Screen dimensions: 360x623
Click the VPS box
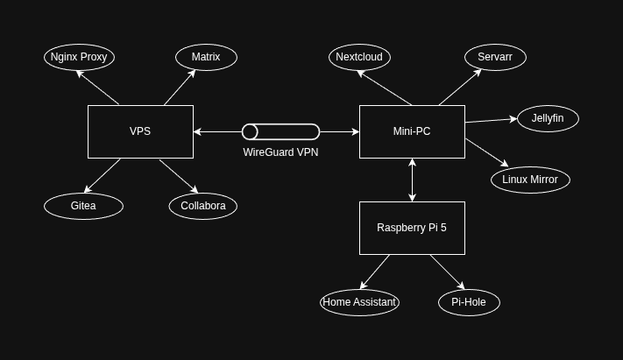tap(140, 131)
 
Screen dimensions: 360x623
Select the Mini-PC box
tap(412, 131)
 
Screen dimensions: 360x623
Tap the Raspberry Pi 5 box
tap(412, 228)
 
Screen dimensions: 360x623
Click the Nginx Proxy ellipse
tap(79, 57)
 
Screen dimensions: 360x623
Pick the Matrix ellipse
tap(206, 57)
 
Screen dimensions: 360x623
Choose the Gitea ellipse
tap(83, 206)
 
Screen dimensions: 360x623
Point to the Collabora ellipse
tap(203, 206)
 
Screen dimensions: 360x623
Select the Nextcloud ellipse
tap(359, 57)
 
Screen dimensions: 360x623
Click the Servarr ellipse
tap(495, 57)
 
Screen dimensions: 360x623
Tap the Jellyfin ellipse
tap(548, 118)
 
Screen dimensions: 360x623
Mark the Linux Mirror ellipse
tap(530, 180)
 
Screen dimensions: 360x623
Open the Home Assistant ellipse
tap(359, 302)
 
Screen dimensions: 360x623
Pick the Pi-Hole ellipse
tap(469, 302)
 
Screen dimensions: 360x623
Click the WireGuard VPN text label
tap(280, 152)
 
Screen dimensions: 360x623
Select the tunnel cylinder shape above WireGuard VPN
tap(280, 131)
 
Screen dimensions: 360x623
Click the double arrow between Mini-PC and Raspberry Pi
tap(412, 180)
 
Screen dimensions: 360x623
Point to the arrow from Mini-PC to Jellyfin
tap(491, 120)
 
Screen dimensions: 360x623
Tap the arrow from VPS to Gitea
tap(103, 175)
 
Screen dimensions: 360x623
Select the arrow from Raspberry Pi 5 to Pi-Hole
tap(447, 272)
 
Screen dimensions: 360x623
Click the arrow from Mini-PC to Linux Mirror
tap(486, 152)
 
